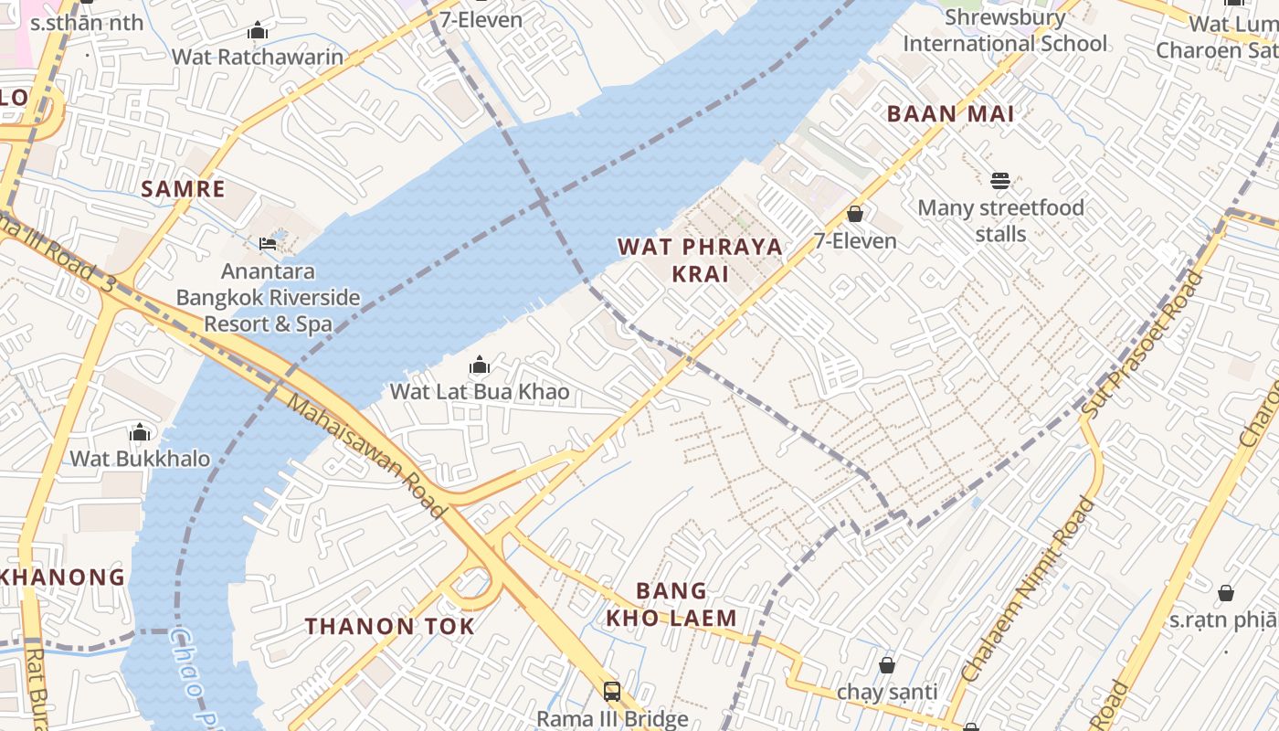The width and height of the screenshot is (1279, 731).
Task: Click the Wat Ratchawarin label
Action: point(258,57)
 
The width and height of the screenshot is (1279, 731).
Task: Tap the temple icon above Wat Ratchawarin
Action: point(258,31)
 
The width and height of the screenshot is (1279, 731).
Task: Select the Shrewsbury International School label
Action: point(1005,30)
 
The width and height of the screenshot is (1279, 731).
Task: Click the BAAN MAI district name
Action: point(951,114)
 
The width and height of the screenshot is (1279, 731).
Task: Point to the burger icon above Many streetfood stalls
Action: point(1000,181)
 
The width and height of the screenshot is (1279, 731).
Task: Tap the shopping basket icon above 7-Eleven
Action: point(855,214)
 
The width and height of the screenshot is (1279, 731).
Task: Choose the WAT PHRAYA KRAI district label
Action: point(700,260)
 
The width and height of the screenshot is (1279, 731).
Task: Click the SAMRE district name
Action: point(183,189)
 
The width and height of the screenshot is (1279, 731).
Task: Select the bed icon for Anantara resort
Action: point(268,243)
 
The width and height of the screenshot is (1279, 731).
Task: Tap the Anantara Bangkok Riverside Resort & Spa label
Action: point(268,298)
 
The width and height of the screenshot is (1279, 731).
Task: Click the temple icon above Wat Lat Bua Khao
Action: point(480,366)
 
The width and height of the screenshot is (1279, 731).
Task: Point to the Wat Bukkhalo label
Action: point(140,459)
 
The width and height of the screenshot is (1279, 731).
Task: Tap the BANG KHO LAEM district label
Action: point(671,604)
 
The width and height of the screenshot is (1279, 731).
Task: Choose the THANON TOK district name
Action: point(389,627)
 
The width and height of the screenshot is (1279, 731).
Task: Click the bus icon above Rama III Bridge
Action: point(612,692)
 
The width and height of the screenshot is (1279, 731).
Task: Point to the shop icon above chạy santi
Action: point(886,665)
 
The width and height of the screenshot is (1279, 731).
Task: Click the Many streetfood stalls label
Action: point(1000,221)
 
